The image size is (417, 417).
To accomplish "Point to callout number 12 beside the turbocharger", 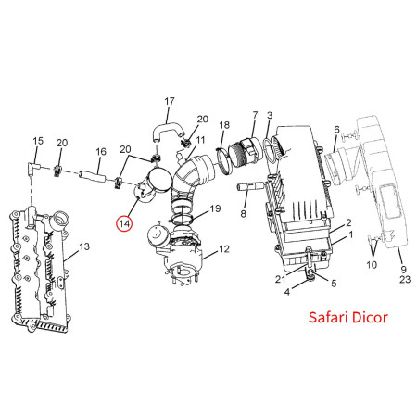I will point(223,250).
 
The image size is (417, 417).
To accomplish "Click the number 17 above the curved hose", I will point(170,101).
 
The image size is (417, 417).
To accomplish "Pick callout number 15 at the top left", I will point(38,141).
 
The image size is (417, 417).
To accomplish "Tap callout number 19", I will point(214,209).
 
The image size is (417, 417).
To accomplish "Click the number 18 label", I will point(224,124).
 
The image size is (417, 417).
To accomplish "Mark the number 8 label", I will point(243,213).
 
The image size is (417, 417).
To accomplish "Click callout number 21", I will point(280,279).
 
